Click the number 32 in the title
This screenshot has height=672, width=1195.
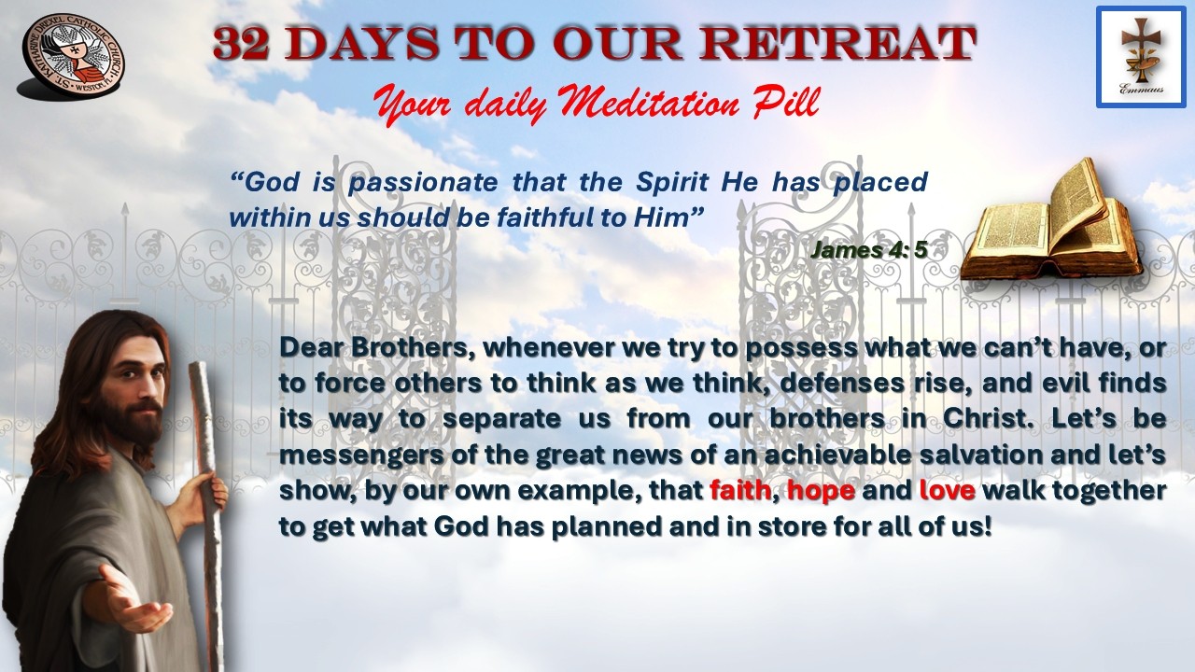coord(241,43)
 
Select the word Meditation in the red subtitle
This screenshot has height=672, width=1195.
coord(648,102)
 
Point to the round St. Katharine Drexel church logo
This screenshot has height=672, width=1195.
coord(72,57)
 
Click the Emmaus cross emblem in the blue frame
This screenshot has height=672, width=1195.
coord(1141,57)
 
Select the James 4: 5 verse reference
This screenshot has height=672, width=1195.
coord(869,249)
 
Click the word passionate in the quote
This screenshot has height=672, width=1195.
coord(423,182)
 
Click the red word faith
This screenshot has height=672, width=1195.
coord(740,490)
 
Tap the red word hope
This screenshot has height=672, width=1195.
coord(821,491)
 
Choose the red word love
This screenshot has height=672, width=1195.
coord(948,490)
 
